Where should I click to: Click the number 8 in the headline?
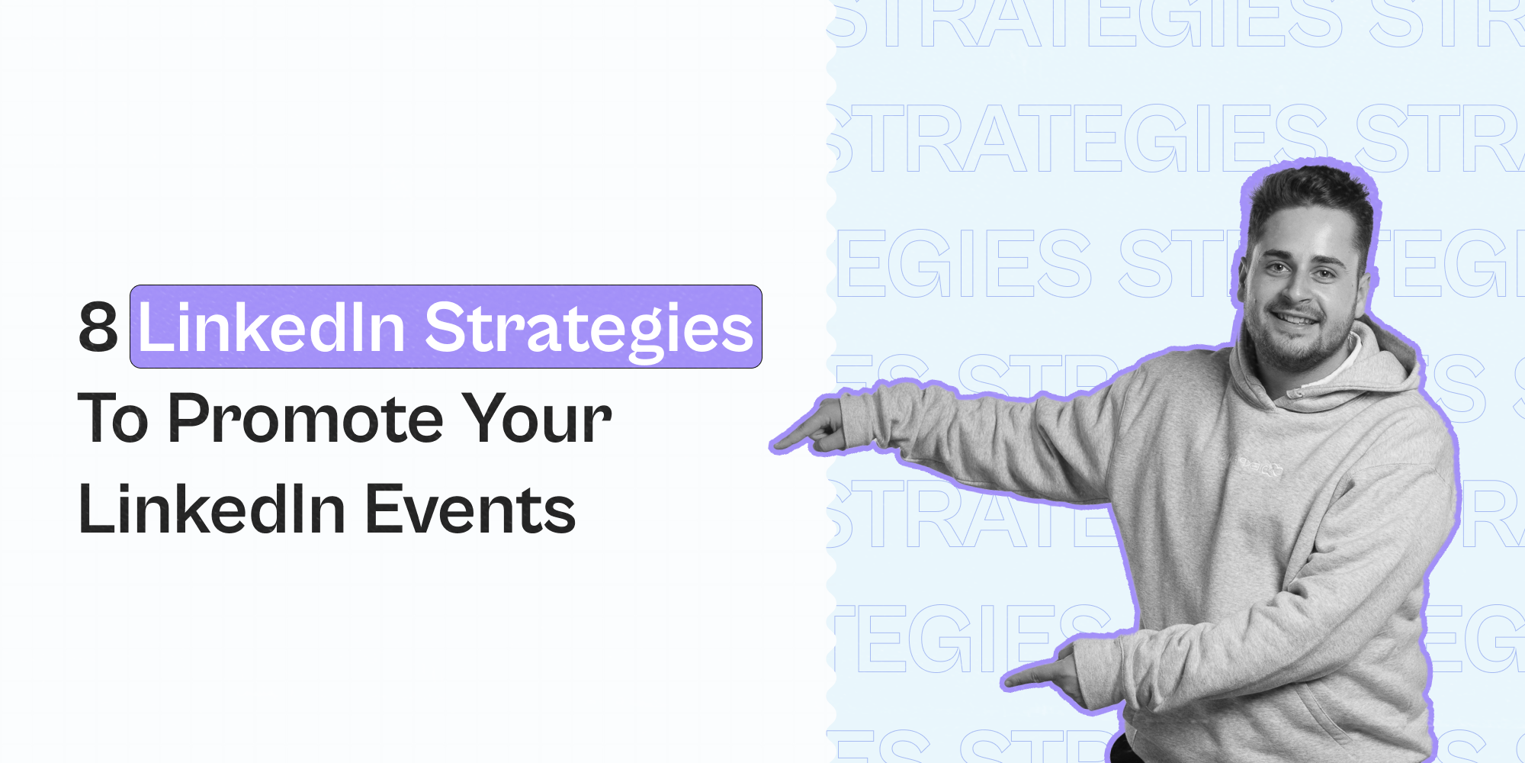point(98,327)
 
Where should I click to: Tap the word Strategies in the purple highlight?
point(589,327)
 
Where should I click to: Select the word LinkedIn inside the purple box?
point(271,327)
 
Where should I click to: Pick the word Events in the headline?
point(470,510)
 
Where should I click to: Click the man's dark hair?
point(1311,195)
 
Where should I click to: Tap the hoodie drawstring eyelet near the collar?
point(1294,394)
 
